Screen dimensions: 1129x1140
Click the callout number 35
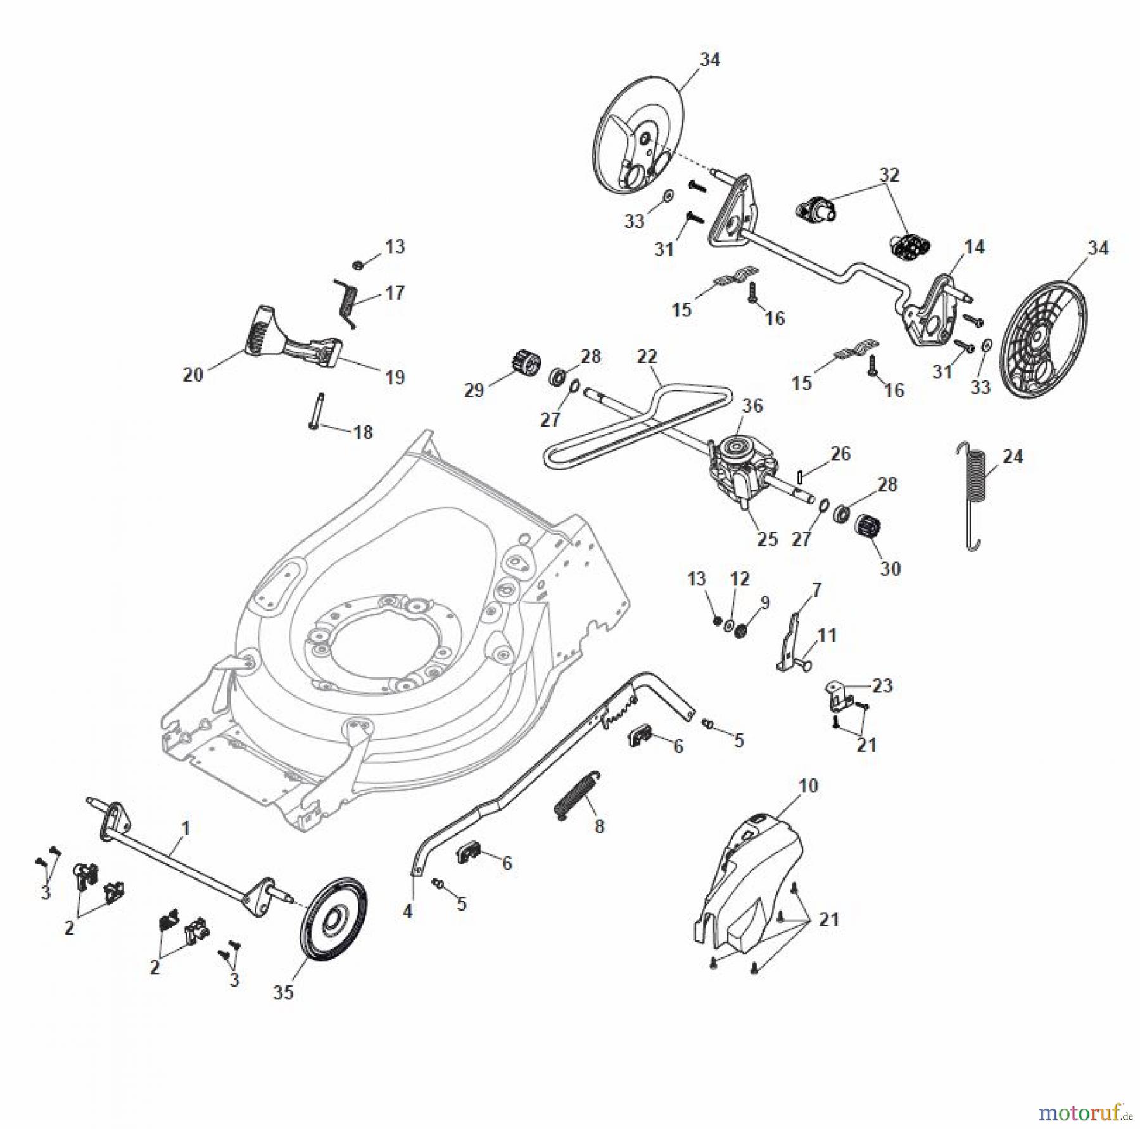[283, 992]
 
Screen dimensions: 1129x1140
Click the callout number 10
[809, 785]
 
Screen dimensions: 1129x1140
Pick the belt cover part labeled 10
[747, 880]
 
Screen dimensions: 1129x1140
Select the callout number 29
[474, 390]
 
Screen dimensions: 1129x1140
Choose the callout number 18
[363, 432]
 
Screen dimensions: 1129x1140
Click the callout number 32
[889, 175]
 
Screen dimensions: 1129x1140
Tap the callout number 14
[975, 247]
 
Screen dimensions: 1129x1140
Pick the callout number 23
[882, 685]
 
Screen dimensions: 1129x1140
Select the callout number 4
[407, 911]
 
